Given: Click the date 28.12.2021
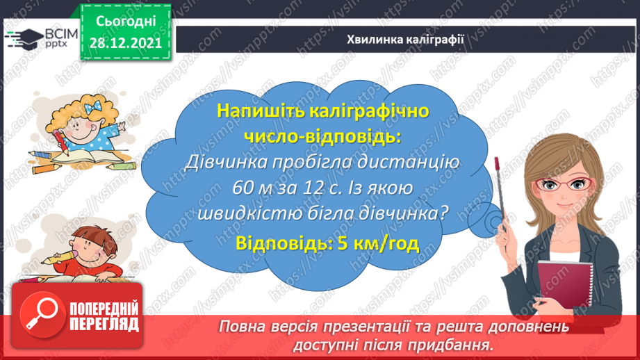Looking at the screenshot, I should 125,43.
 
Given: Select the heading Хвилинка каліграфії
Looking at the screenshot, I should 406,39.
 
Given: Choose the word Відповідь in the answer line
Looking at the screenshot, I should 281,243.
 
